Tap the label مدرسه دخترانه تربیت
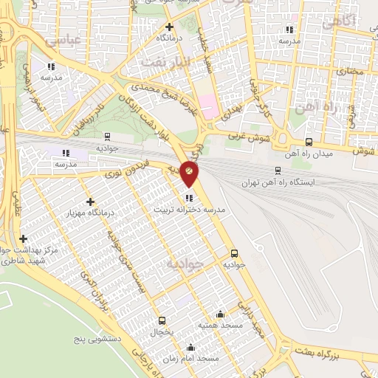coord(188,210)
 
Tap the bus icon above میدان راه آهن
coord(309,142)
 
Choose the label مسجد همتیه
coord(219,326)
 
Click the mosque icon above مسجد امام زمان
coord(191,347)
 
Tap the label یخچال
coord(162,333)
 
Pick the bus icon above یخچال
coord(162,321)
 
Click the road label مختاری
coord(351,72)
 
